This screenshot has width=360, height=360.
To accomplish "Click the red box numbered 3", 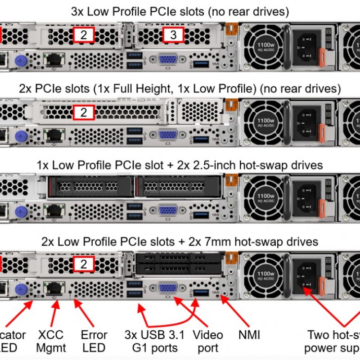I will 173,35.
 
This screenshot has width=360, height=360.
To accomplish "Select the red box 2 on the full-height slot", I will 84,112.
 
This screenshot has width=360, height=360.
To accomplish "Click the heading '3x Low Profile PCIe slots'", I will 180,11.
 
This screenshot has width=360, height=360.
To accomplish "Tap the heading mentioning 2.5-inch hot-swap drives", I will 180,165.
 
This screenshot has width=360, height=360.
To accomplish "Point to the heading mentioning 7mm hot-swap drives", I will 180,242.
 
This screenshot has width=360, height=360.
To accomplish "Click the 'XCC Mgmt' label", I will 51,341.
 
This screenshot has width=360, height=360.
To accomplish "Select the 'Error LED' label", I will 94,341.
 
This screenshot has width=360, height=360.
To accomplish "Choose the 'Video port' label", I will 207,341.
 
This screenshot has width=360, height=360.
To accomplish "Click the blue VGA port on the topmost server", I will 167,60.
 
